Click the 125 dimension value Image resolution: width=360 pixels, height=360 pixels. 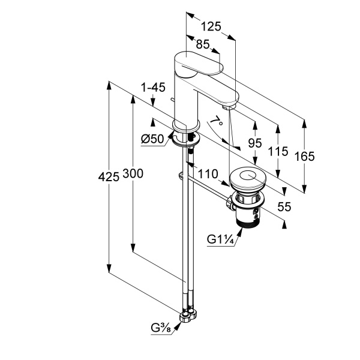click(x=211, y=26)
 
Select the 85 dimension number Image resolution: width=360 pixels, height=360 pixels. click(x=203, y=44)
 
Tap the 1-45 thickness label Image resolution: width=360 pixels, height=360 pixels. click(x=153, y=88)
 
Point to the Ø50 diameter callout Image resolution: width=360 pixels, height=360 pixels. click(x=152, y=139)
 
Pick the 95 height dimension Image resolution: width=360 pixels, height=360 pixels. click(x=255, y=143)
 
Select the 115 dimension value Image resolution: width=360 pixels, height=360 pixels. click(x=278, y=151)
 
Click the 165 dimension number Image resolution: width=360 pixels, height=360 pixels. click(x=304, y=157)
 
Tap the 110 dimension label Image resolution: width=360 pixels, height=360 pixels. click(x=208, y=174)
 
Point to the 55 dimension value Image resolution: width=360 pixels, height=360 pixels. click(x=284, y=206)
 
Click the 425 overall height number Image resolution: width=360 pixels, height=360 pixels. click(x=109, y=177)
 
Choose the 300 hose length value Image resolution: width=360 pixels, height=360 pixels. click(x=133, y=173)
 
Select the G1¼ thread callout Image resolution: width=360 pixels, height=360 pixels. click(x=220, y=239)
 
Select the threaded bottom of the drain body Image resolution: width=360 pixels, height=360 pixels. click(x=249, y=222)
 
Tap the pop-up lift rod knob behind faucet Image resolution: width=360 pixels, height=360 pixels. click(x=172, y=99)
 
